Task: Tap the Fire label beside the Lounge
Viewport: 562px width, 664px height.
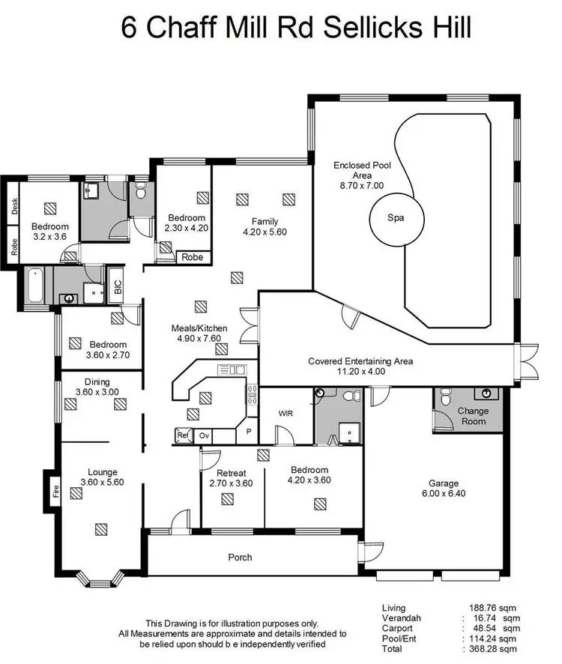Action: (x=55, y=492)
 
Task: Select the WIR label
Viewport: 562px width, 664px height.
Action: (x=285, y=413)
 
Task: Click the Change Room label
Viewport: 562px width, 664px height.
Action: (x=473, y=416)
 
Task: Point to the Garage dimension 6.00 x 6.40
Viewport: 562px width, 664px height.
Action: (x=443, y=495)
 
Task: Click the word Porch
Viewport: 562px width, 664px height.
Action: (x=240, y=557)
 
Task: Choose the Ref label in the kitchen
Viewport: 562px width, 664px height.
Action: (x=181, y=435)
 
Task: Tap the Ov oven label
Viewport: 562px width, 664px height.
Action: (x=203, y=435)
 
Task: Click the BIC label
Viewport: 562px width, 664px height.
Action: (x=116, y=287)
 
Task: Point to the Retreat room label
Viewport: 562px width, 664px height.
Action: (x=232, y=473)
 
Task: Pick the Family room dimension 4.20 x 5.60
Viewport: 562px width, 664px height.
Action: (x=265, y=232)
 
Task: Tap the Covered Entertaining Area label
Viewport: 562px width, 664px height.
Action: (x=360, y=360)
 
